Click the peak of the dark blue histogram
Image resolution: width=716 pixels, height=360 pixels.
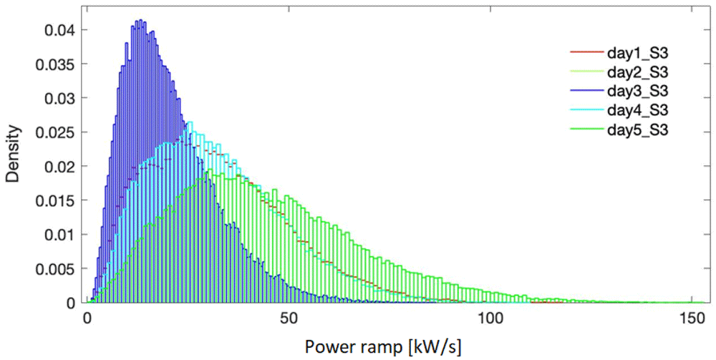click(x=140, y=20)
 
